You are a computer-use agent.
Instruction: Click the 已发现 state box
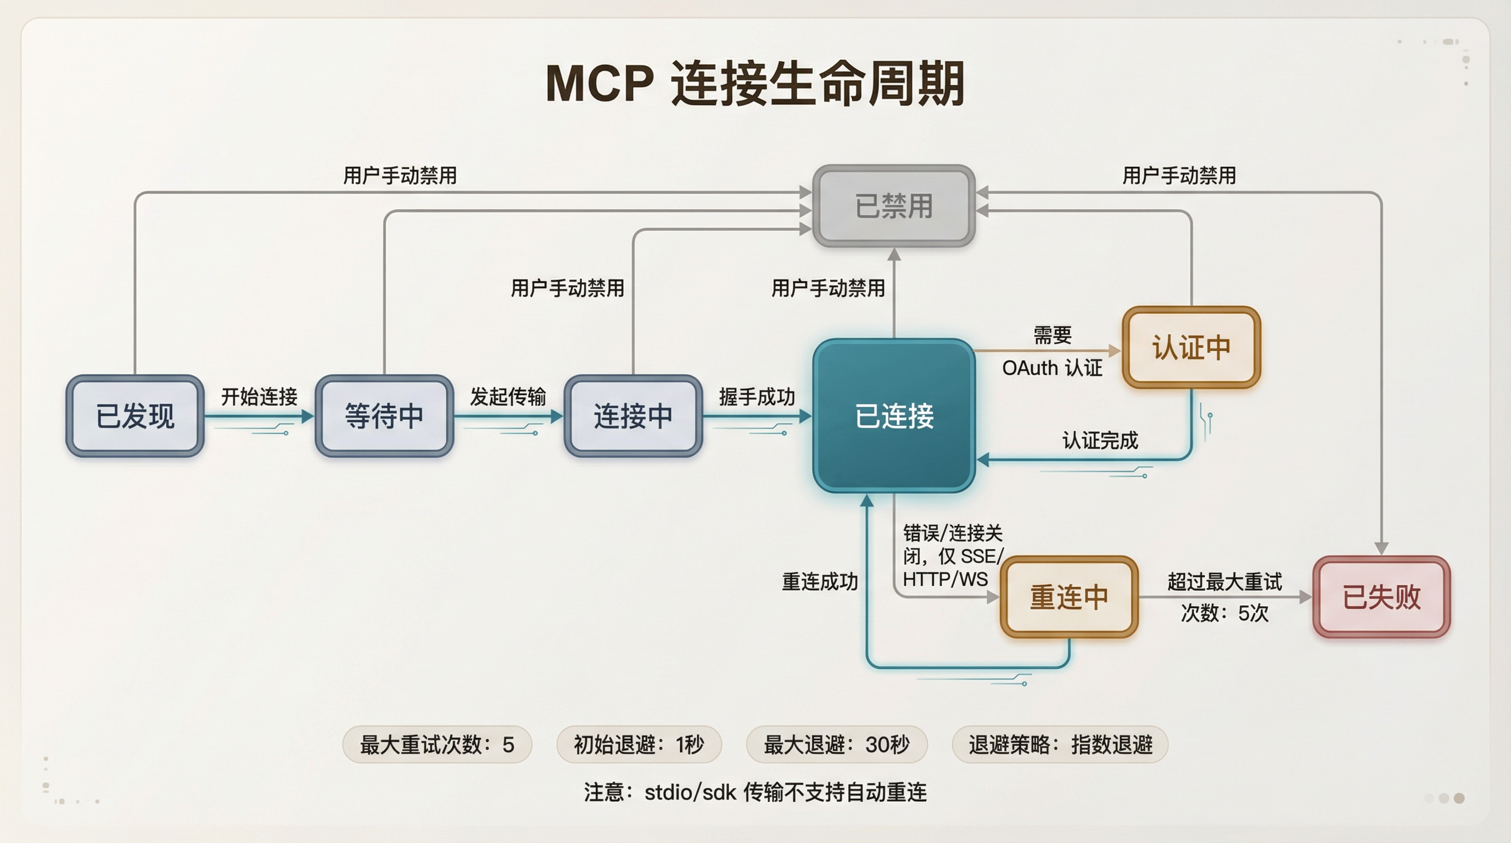pyautogui.click(x=135, y=416)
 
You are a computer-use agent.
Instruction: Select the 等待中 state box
pyautogui.click(x=384, y=416)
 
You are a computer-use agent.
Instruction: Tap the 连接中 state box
pyautogui.click(x=633, y=416)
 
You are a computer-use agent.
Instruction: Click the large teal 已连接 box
pyautogui.click(x=894, y=416)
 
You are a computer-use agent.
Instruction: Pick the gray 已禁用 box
pyautogui.click(x=894, y=206)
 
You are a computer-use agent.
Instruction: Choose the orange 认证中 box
pyautogui.click(x=1191, y=347)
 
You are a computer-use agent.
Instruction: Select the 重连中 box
pyautogui.click(x=1068, y=597)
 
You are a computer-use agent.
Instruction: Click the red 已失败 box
pyautogui.click(x=1381, y=597)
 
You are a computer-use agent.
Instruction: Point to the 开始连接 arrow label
pyautogui.click(x=259, y=397)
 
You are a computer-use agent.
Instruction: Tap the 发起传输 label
pyautogui.click(x=508, y=397)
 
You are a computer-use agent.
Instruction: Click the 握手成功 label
pyautogui.click(x=757, y=397)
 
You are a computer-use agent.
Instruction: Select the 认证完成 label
pyautogui.click(x=1100, y=440)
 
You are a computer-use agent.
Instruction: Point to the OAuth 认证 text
pyautogui.click(x=1052, y=368)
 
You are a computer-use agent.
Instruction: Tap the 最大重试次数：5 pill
pyautogui.click(x=437, y=745)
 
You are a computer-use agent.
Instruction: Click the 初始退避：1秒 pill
pyautogui.click(x=639, y=745)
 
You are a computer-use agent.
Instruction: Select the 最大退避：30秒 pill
pyautogui.click(x=836, y=745)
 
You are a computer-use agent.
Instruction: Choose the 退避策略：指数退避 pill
pyautogui.click(x=1060, y=745)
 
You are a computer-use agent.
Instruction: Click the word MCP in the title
pyautogui.click(x=600, y=84)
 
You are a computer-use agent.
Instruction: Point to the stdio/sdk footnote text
pyautogui.click(x=755, y=793)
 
